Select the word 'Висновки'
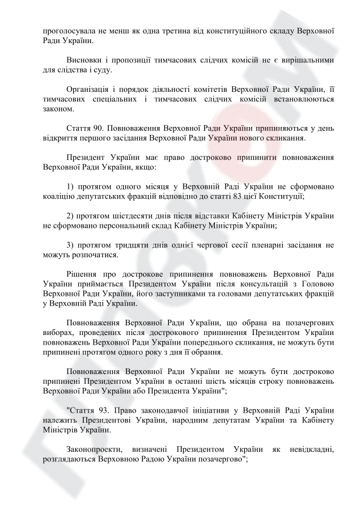click(x=85, y=60)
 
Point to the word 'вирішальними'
click(x=306, y=60)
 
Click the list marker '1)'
click(x=70, y=187)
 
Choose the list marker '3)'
click(x=70, y=245)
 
